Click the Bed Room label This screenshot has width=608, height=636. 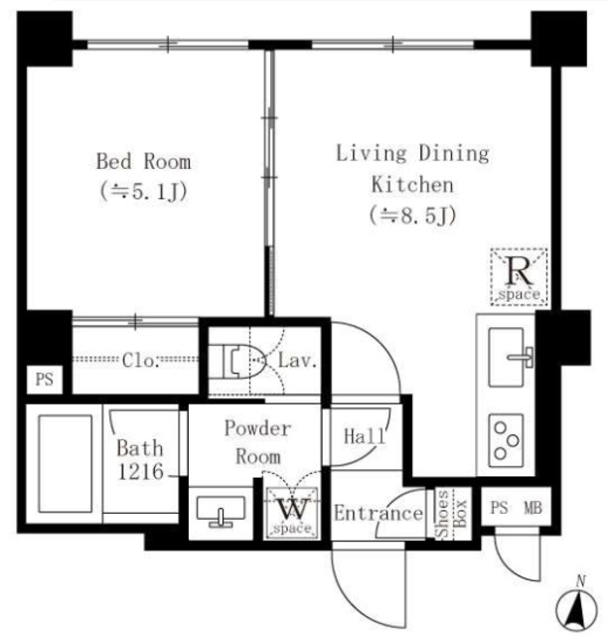click(x=144, y=161)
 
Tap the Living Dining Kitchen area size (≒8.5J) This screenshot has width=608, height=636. click(x=412, y=216)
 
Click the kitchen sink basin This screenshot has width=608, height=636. click(x=506, y=357)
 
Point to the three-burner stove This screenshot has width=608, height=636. click(x=506, y=440)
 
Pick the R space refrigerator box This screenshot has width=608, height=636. click(x=520, y=276)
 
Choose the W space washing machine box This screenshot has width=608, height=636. click(x=292, y=514)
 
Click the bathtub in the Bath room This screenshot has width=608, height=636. click(x=65, y=464)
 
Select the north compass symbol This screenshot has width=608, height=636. click(x=577, y=605)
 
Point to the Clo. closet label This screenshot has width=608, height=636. click(x=139, y=360)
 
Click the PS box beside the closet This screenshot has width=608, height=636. click(x=45, y=380)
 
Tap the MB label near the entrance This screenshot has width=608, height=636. click(x=532, y=508)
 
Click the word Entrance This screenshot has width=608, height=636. click(x=379, y=514)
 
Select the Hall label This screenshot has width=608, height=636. click(x=364, y=436)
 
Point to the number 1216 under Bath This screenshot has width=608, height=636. click(x=140, y=472)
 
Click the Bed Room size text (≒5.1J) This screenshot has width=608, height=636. click(x=144, y=192)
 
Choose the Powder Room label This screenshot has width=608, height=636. click(x=258, y=442)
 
